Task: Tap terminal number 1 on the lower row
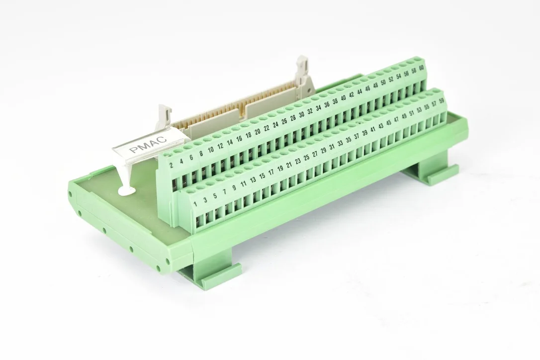pos(195,204)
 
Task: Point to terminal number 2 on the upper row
pos(172,165)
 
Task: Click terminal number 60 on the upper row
pos(421,68)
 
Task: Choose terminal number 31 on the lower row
pos(332,147)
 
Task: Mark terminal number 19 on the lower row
pos(280,169)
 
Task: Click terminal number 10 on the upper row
pos(211,149)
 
